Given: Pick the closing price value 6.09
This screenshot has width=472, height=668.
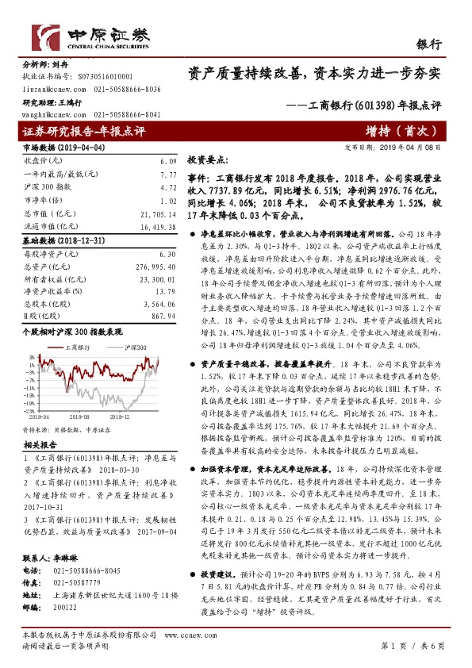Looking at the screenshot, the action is click(x=156, y=160).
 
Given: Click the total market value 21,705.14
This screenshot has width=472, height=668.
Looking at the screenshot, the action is click(x=148, y=215).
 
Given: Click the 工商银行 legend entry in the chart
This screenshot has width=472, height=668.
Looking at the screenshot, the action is click(x=70, y=347).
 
